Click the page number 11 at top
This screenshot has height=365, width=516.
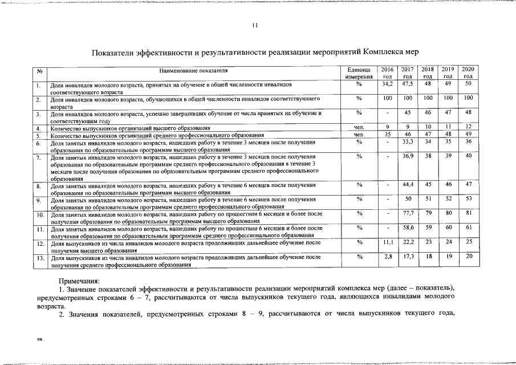pos(255,25)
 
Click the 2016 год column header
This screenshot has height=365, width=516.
pos(387,72)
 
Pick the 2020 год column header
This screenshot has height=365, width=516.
pos(468,72)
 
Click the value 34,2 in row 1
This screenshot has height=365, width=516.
pos(387,83)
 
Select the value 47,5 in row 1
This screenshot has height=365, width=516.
pos(407,83)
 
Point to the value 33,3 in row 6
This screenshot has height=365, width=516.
pos(407,141)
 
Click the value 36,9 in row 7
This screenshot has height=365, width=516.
pos(407,155)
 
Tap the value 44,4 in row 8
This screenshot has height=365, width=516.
pos(407,184)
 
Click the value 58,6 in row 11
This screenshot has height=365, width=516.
pos(407,228)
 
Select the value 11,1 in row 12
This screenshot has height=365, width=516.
pos(387,242)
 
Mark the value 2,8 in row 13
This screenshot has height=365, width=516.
pos(387,257)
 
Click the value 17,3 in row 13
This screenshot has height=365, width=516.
pos(407,257)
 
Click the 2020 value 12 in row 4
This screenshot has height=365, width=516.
pos(468,127)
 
